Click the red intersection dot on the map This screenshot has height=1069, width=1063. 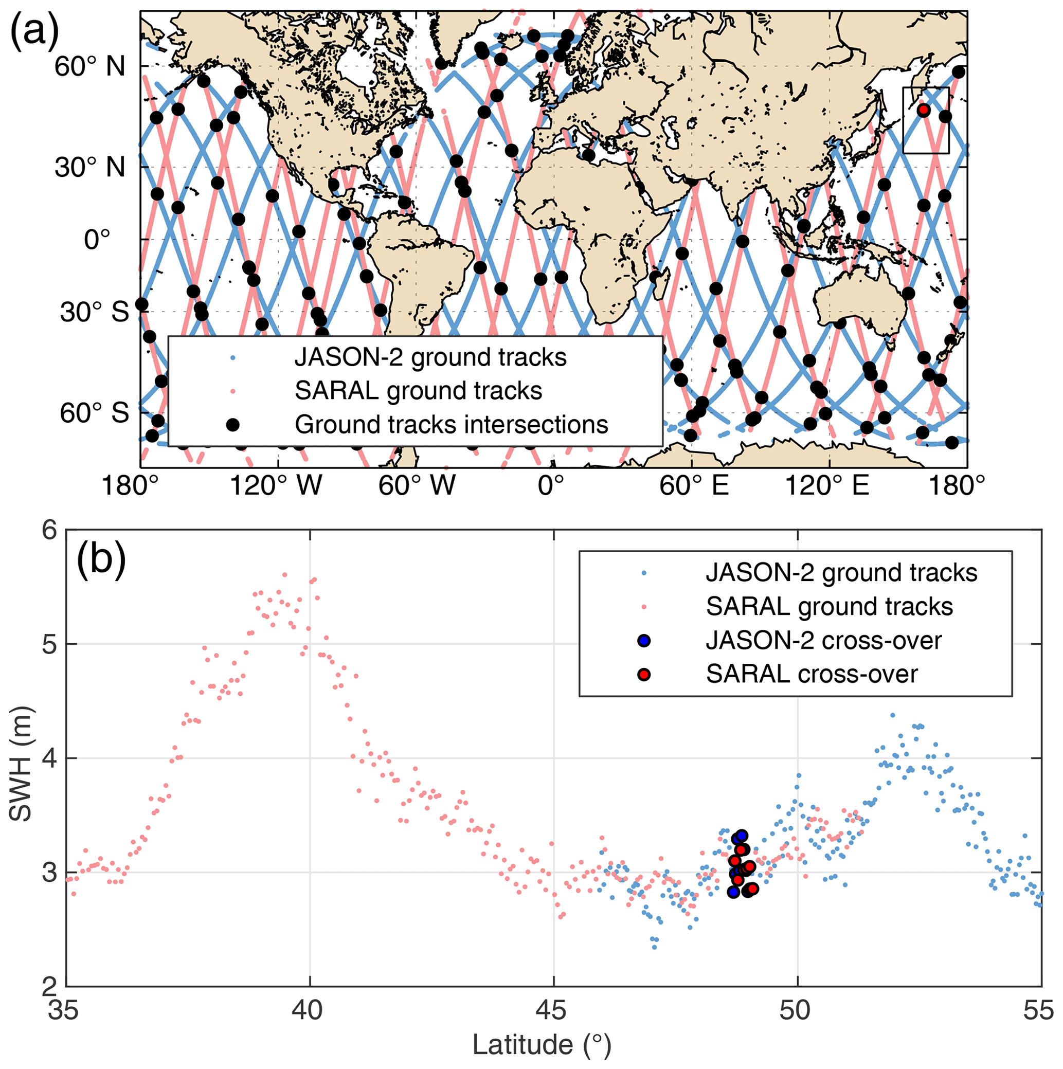(x=923, y=110)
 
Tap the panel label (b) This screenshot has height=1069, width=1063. (x=101, y=559)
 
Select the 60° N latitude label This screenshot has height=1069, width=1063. (x=90, y=67)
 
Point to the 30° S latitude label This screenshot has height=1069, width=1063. (x=95, y=313)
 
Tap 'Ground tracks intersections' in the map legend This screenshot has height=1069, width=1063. (x=451, y=425)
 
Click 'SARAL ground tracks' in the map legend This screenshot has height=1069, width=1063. (x=418, y=391)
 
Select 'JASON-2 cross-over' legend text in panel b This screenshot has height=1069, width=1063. (x=823, y=641)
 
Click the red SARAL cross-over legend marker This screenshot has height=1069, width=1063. (x=643, y=675)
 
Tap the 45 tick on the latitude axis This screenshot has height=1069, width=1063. (x=553, y=1011)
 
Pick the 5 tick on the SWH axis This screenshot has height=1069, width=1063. (x=50, y=645)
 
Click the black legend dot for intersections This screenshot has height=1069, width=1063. (x=232, y=424)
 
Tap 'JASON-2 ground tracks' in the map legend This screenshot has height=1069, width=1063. (x=430, y=358)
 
